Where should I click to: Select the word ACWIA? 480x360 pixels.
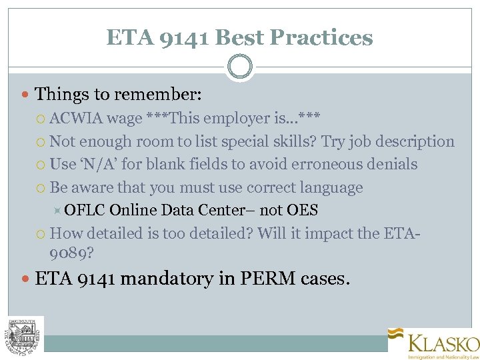[75, 119]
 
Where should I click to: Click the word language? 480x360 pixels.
[331, 187]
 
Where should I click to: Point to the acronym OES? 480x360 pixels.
[302, 211]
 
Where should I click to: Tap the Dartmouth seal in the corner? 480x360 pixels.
[25, 333]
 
